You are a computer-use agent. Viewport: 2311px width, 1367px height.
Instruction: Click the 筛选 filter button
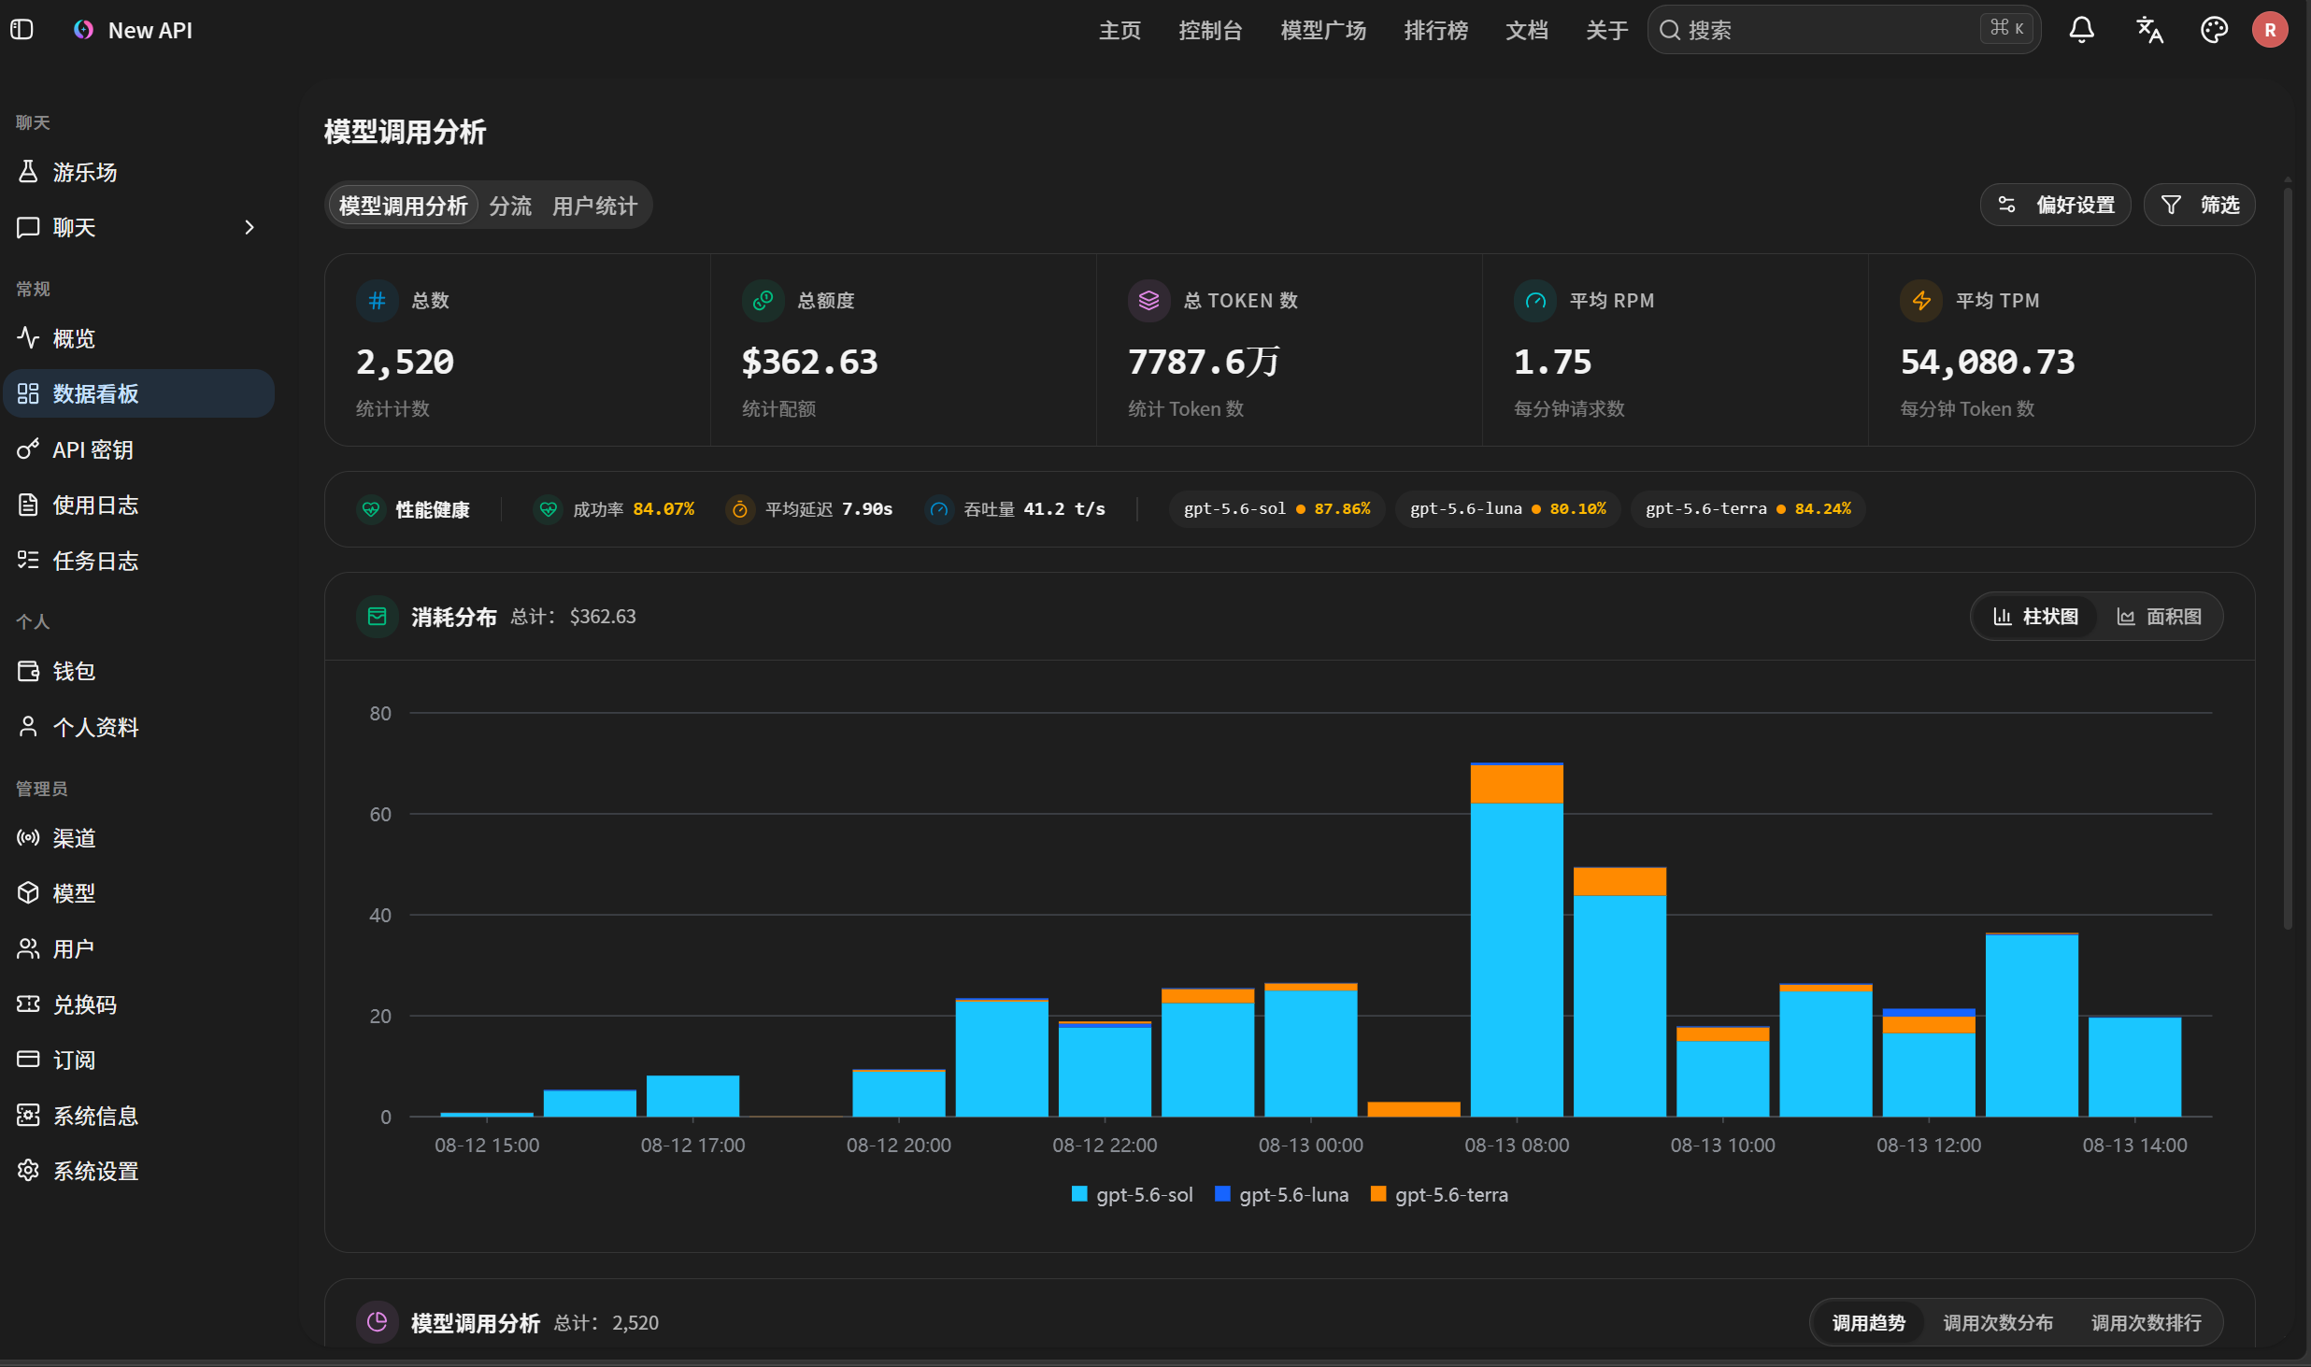[2199, 205]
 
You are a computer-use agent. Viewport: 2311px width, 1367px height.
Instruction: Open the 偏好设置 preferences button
[2055, 205]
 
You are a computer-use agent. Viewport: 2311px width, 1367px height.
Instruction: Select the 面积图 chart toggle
[2159, 617]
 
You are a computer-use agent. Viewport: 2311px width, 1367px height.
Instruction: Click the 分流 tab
[510, 206]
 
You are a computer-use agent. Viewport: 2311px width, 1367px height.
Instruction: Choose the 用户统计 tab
[594, 206]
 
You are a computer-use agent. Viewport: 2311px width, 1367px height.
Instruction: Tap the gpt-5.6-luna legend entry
[1281, 1194]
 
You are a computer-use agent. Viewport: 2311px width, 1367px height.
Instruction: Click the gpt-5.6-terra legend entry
[1439, 1194]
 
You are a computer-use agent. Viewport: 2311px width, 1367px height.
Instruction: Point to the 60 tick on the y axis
[380, 814]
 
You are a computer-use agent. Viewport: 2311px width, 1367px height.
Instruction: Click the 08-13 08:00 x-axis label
[1517, 1145]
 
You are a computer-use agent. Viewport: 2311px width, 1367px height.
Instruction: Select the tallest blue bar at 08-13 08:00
[1517, 960]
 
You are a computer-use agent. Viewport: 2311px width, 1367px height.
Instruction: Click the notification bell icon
[2081, 30]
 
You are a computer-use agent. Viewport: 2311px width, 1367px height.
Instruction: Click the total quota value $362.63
[809, 362]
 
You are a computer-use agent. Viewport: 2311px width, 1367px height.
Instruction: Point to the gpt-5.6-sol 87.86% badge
[1277, 509]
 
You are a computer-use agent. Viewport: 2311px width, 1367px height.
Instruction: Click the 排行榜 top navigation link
[1435, 30]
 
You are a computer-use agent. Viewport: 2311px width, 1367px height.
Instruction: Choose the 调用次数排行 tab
[2146, 1323]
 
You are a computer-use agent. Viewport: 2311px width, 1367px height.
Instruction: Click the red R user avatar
[2270, 30]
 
